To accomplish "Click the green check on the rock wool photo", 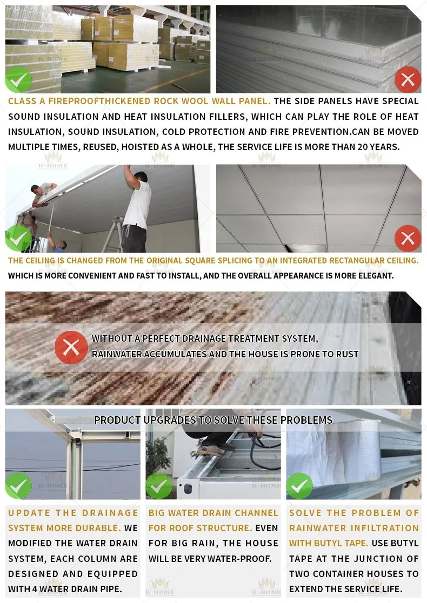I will pos(18,79).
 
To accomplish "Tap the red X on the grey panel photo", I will pos(408,80).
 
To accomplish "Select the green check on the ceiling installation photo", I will pos(18,238).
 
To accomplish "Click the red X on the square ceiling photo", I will pos(408,238).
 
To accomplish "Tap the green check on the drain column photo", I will pos(18,485).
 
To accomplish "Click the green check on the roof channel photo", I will pos(159,485).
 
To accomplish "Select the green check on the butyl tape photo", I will pos(299,485).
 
